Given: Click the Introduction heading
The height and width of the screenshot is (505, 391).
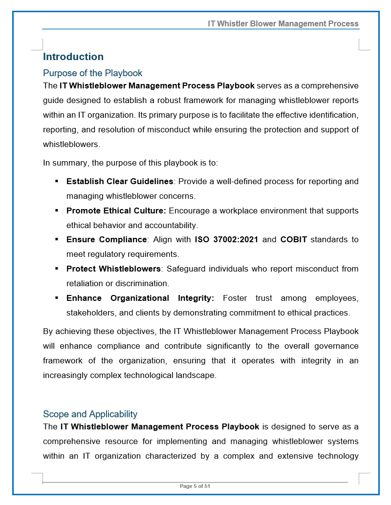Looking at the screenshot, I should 73,57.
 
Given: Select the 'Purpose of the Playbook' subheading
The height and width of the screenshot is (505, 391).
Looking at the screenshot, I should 92,73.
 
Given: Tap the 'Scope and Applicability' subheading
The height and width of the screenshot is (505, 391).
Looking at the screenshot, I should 90,414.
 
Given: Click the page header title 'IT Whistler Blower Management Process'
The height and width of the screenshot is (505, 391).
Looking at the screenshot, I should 283,23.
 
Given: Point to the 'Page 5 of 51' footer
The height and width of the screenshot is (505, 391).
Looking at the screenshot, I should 195,486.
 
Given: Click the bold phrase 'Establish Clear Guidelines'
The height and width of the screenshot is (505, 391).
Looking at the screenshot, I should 120,182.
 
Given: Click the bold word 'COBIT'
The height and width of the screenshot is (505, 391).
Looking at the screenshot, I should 293,240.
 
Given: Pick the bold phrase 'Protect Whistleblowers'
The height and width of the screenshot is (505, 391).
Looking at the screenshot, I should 113,269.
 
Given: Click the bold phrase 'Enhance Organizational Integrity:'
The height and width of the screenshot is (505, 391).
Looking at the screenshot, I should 140,298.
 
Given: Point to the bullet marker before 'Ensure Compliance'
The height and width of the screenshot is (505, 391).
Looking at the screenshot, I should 56,239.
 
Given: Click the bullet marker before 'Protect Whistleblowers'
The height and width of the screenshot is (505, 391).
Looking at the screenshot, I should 56,269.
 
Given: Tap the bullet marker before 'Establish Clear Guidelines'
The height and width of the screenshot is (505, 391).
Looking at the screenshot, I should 56,181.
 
